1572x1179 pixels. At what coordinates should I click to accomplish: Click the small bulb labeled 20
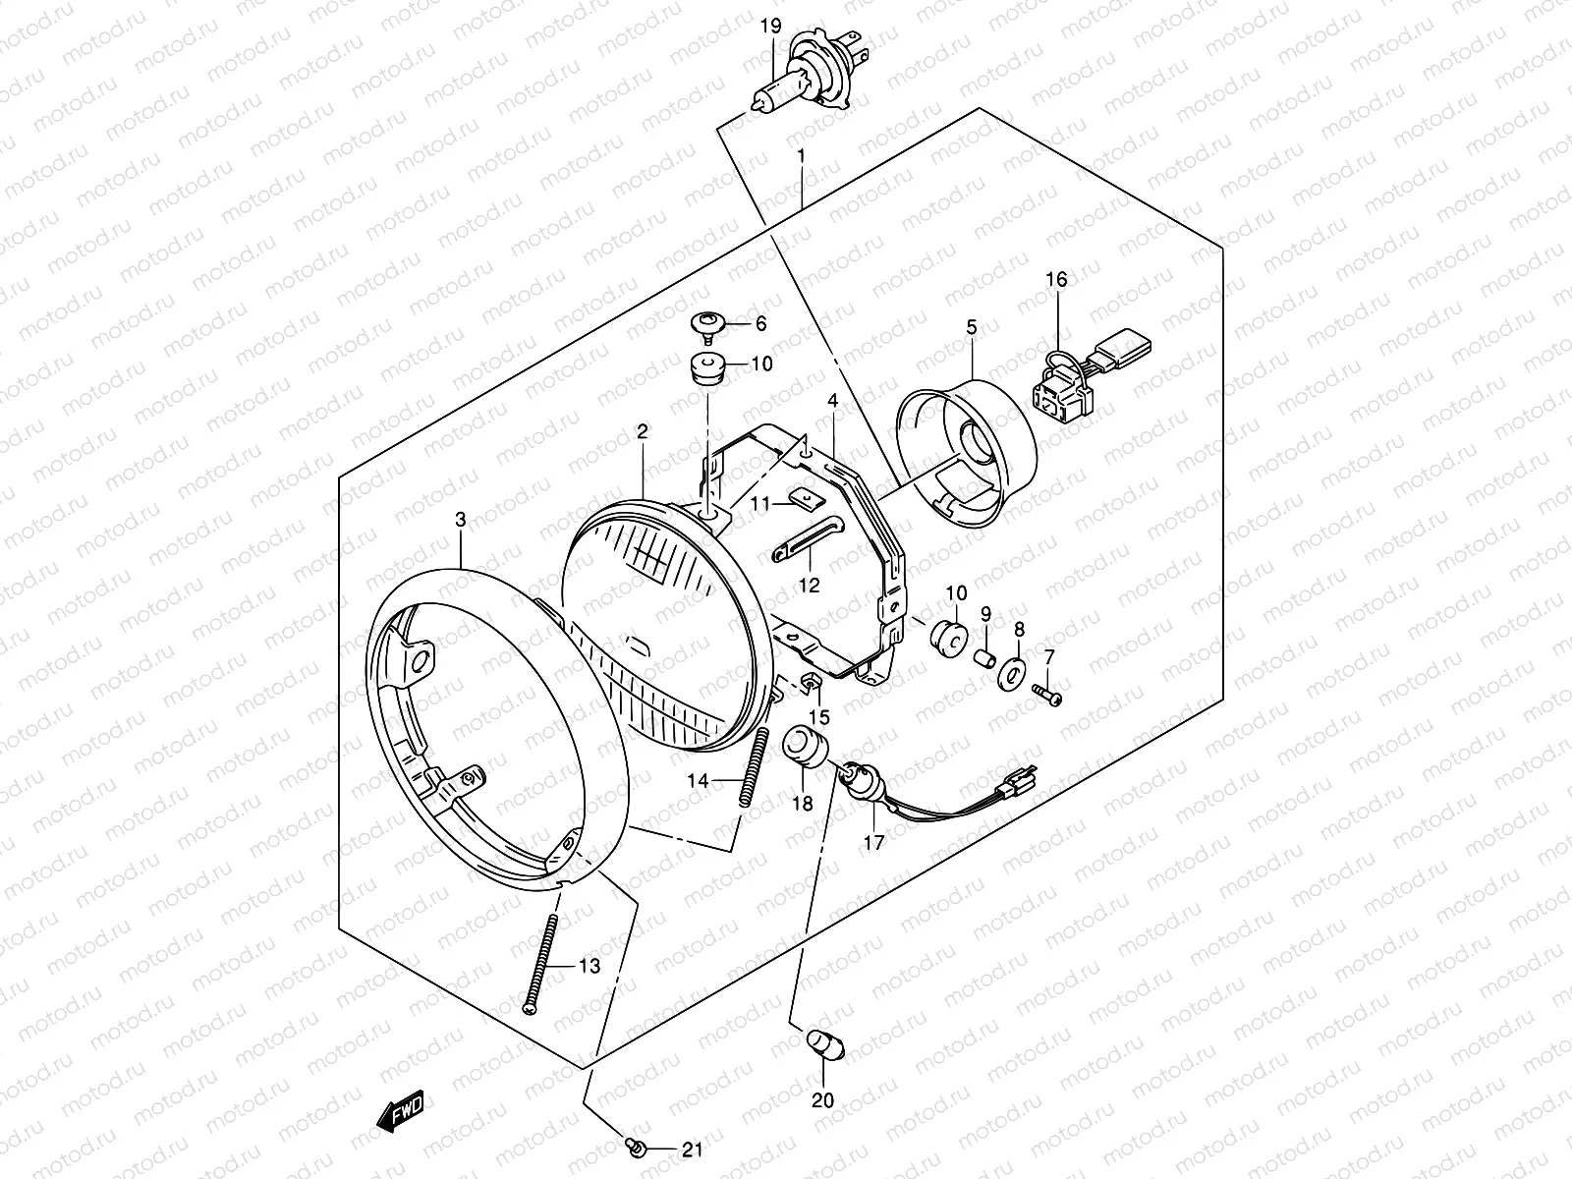coord(819,1043)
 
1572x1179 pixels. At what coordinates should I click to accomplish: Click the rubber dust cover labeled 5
coord(968,452)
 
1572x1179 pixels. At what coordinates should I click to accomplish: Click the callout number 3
coord(461,522)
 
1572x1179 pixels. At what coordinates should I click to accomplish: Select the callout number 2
coord(642,430)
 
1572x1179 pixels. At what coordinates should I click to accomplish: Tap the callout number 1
coord(802,155)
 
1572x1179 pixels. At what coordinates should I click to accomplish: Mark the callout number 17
coord(873,842)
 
